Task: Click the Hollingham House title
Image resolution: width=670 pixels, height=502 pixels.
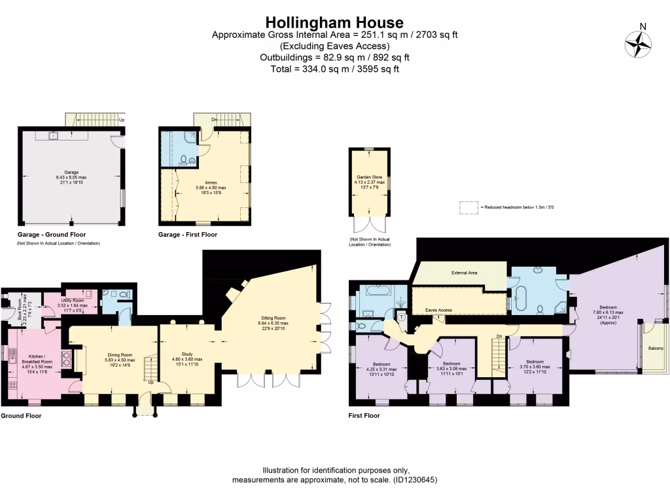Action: (334, 24)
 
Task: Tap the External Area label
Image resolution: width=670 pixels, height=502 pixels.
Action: (461, 273)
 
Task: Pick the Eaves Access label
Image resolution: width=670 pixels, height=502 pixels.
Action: (438, 310)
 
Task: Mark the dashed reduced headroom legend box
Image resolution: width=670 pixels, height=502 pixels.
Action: (468, 207)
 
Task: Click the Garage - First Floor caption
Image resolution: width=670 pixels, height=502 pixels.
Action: (188, 234)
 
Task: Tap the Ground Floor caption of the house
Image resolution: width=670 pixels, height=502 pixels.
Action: (20, 415)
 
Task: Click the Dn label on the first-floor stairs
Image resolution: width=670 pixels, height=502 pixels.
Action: (499, 336)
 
